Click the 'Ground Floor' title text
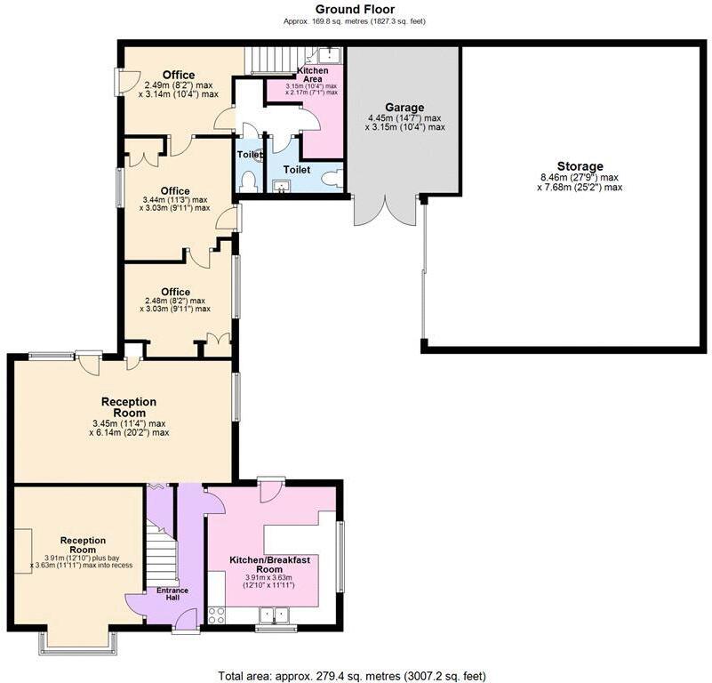(356, 9)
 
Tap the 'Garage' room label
(404, 107)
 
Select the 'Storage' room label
(580, 166)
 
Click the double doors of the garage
(385, 212)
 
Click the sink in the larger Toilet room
(283, 185)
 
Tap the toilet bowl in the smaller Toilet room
(247, 181)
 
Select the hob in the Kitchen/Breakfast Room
(216, 614)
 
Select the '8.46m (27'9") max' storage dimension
(580, 177)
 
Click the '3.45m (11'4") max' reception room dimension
(129, 422)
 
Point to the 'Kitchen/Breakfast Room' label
(268, 564)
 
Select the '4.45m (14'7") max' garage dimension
(404, 117)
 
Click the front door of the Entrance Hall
(185, 631)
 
